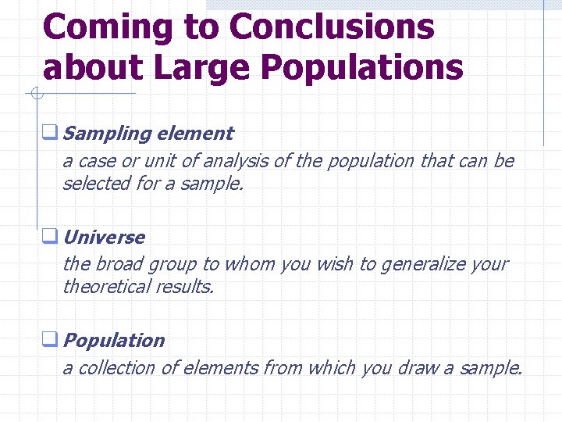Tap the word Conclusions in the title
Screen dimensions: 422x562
point(332,27)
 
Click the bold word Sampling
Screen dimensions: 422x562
point(106,134)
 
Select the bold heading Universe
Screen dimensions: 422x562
point(104,237)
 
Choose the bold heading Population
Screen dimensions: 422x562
point(114,341)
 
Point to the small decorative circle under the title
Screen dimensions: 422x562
point(36,95)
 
